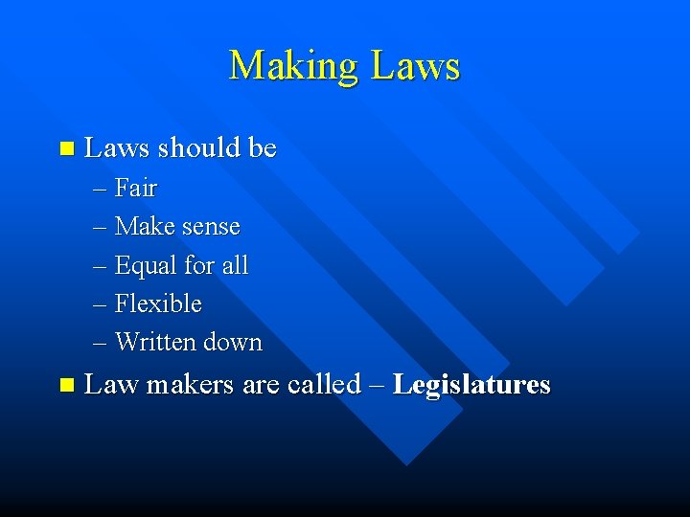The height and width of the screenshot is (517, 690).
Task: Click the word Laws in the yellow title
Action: click(414, 66)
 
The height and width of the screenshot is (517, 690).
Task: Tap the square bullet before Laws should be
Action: click(65, 148)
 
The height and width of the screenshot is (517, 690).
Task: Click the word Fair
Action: click(136, 188)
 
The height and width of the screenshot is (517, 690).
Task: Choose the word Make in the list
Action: click(145, 227)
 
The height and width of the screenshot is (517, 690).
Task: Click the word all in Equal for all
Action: click(235, 265)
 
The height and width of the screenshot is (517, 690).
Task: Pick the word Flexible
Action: click(158, 303)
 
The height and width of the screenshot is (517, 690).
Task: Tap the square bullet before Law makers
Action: click(65, 385)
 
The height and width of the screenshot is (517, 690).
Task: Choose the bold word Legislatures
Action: click(471, 385)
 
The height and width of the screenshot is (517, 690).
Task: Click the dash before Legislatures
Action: click(377, 385)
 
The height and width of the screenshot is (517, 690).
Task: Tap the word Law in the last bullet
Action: click(111, 385)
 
